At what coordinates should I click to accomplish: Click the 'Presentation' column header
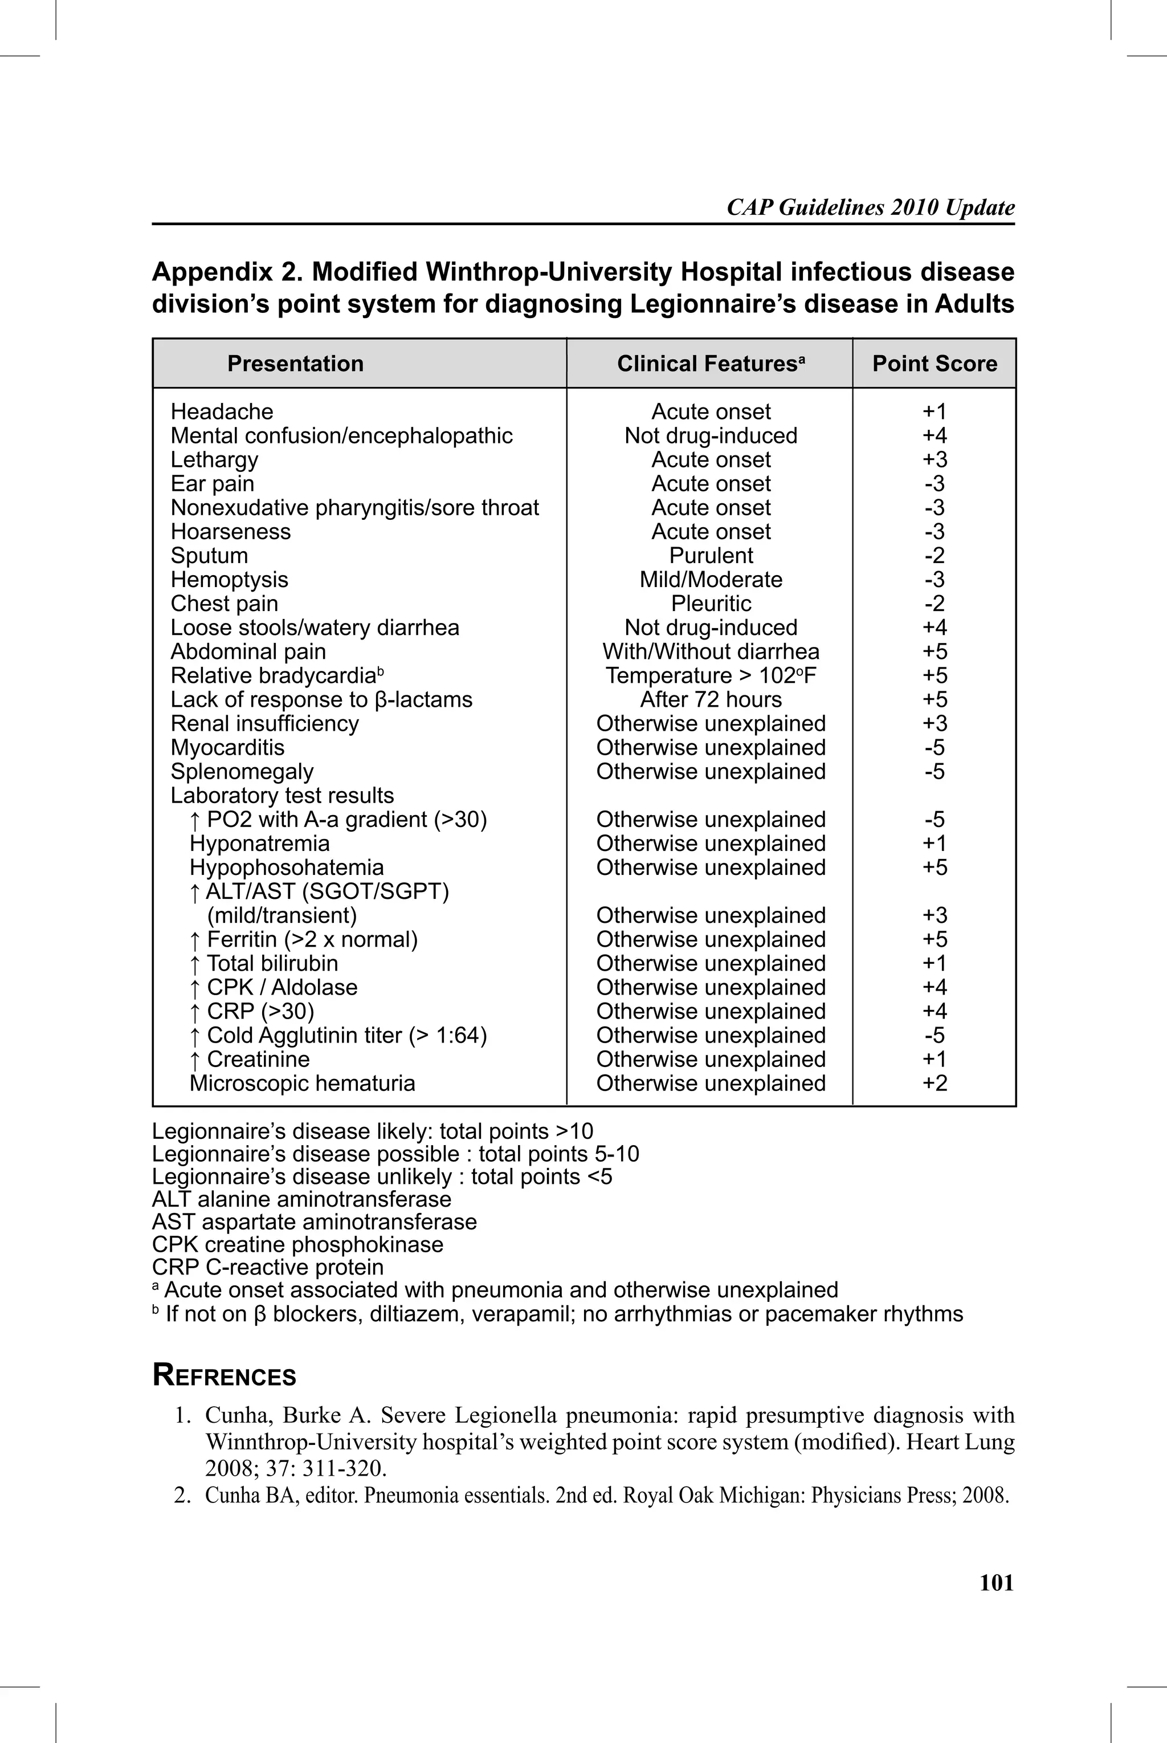click(x=296, y=363)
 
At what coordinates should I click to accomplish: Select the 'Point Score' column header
click(x=934, y=363)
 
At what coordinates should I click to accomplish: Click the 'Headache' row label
click(x=222, y=412)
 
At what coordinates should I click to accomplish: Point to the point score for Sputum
click(x=934, y=555)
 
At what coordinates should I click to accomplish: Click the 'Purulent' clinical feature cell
click(x=711, y=555)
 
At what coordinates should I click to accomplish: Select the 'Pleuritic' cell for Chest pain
click(x=711, y=604)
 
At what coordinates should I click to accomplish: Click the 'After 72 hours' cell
click(x=711, y=699)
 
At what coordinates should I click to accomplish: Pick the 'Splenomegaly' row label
click(x=242, y=772)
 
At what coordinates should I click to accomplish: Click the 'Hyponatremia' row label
click(x=259, y=843)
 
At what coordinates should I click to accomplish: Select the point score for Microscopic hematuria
click(x=934, y=1083)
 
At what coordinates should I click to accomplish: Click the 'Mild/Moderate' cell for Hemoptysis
click(x=711, y=580)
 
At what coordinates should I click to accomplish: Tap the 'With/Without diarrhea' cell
click(x=711, y=651)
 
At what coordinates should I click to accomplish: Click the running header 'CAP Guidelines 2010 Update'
click(x=870, y=207)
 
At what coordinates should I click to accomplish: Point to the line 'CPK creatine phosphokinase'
click(x=297, y=1244)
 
